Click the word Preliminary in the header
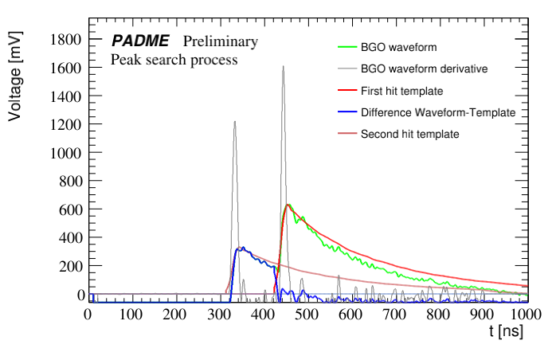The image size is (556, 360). (221, 41)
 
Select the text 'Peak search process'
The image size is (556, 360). (174, 59)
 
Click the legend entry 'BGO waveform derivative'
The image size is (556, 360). (424, 69)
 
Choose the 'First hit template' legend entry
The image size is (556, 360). (401, 91)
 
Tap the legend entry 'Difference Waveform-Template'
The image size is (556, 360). (438, 112)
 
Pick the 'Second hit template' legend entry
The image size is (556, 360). (409, 134)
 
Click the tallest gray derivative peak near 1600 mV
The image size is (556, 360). (283, 67)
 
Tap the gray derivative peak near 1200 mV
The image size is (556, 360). (234, 122)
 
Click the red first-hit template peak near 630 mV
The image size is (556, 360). (288, 205)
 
